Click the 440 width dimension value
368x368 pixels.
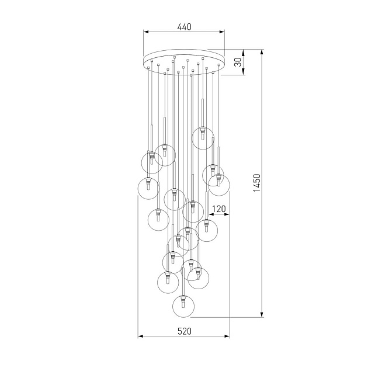tap(184, 27)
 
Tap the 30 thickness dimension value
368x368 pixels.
tap(238, 63)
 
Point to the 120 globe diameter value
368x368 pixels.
tap(219, 209)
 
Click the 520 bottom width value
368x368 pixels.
tap(184, 331)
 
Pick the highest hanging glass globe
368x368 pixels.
tap(202, 136)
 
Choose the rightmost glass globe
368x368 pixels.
tap(218, 184)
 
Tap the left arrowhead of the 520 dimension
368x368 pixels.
tap(140, 337)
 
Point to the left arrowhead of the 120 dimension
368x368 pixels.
tap(209, 215)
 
